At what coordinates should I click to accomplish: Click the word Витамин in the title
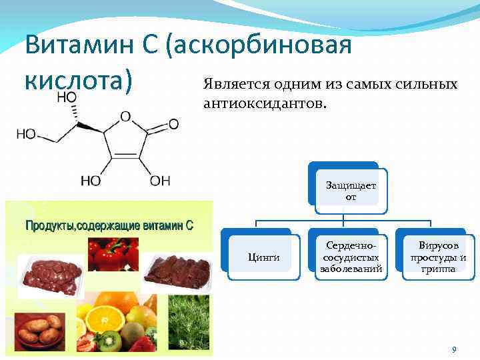[x=79, y=45]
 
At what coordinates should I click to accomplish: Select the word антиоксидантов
[x=265, y=104]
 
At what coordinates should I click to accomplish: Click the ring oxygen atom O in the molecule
[x=125, y=117]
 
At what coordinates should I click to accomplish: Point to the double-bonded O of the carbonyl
[x=173, y=124]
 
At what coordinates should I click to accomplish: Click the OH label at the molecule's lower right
[x=160, y=181]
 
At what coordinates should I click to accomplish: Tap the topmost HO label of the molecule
[x=67, y=97]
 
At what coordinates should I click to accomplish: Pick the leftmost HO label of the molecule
[x=26, y=134]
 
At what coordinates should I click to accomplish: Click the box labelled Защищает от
[x=351, y=191]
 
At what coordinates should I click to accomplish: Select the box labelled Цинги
[x=263, y=257]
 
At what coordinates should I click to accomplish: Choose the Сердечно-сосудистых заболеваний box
[x=351, y=257]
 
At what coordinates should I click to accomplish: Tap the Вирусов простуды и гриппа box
[x=439, y=257]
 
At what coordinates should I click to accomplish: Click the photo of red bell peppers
[x=113, y=255]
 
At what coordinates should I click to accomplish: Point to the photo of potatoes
[x=40, y=332]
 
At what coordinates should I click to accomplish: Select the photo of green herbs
[x=189, y=323]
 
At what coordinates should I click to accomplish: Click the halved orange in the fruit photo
[x=105, y=319]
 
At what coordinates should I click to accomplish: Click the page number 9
[x=454, y=349]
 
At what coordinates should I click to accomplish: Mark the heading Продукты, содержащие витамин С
[x=109, y=226]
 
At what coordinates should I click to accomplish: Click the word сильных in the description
[x=426, y=84]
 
